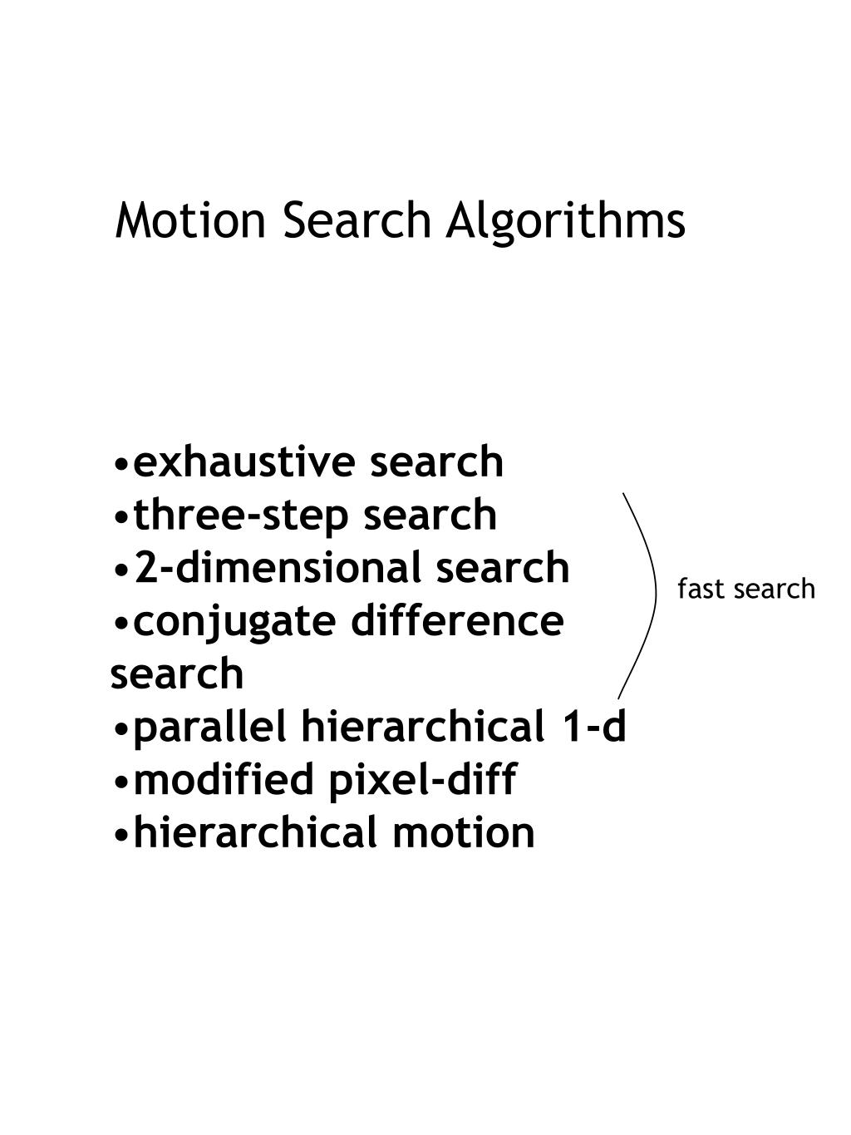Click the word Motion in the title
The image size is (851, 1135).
click(x=190, y=220)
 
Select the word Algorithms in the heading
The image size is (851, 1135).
click(x=565, y=222)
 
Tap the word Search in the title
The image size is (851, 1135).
click(x=357, y=220)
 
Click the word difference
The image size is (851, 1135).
click(x=457, y=620)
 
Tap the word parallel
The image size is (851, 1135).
click(x=210, y=727)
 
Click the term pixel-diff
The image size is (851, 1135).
click(x=423, y=780)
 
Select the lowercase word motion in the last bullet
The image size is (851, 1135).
click(x=463, y=832)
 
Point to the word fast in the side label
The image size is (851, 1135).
click(x=696, y=590)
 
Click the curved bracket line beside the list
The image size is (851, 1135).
click(x=653, y=590)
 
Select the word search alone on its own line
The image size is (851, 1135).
click(x=177, y=674)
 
